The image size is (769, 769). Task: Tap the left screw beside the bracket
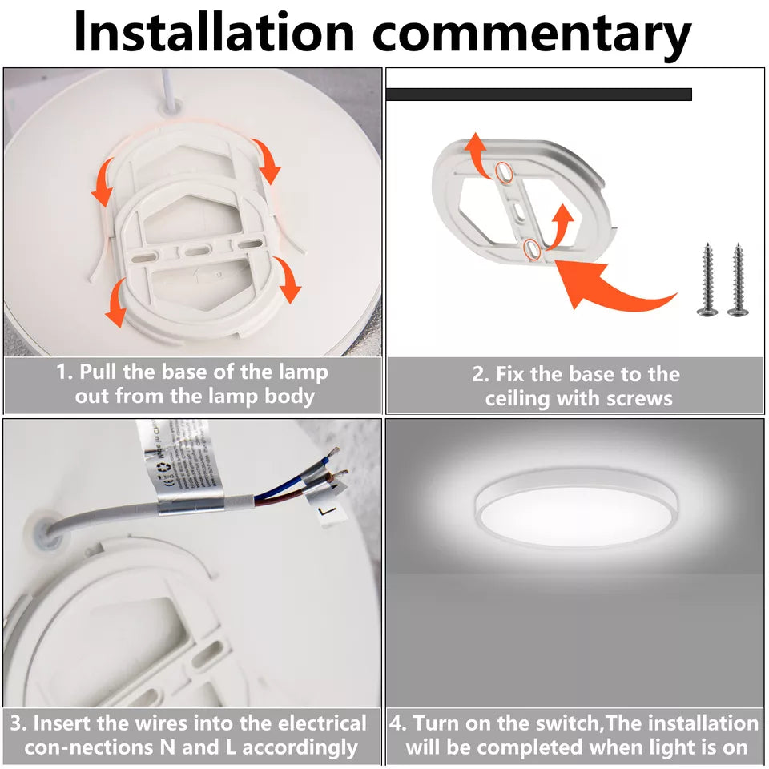(707, 279)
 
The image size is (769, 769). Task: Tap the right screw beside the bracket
(738, 279)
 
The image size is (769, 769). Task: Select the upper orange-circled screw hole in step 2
(503, 172)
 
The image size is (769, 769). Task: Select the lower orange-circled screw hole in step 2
(532, 249)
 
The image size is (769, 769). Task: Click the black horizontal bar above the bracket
(539, 95)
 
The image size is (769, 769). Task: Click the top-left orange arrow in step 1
(103, 182)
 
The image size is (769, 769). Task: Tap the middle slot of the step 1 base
(198, 251)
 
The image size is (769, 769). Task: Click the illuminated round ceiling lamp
(576, 509)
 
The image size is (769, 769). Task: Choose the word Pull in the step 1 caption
(99, 372)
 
